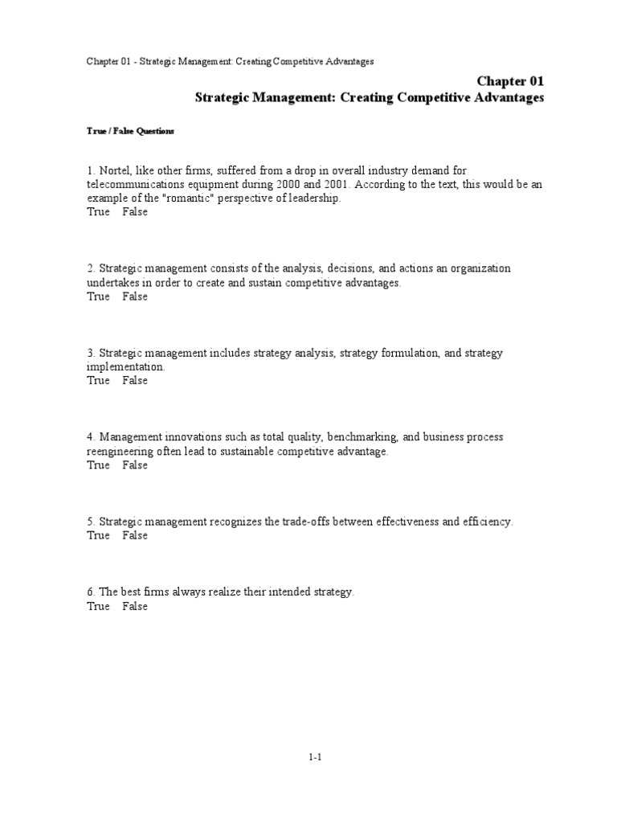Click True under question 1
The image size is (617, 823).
point(98,212)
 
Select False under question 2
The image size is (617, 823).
point(135,297)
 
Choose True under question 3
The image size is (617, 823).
point(98,380)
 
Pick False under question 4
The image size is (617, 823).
point(135,465)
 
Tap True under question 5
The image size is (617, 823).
point(98,535)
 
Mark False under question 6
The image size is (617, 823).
point(135,606)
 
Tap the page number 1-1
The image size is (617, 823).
point(315,756)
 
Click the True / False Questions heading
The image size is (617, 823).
point(130,130)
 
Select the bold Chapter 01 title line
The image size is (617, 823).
point(511,81)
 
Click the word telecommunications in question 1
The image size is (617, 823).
point(140,184)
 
